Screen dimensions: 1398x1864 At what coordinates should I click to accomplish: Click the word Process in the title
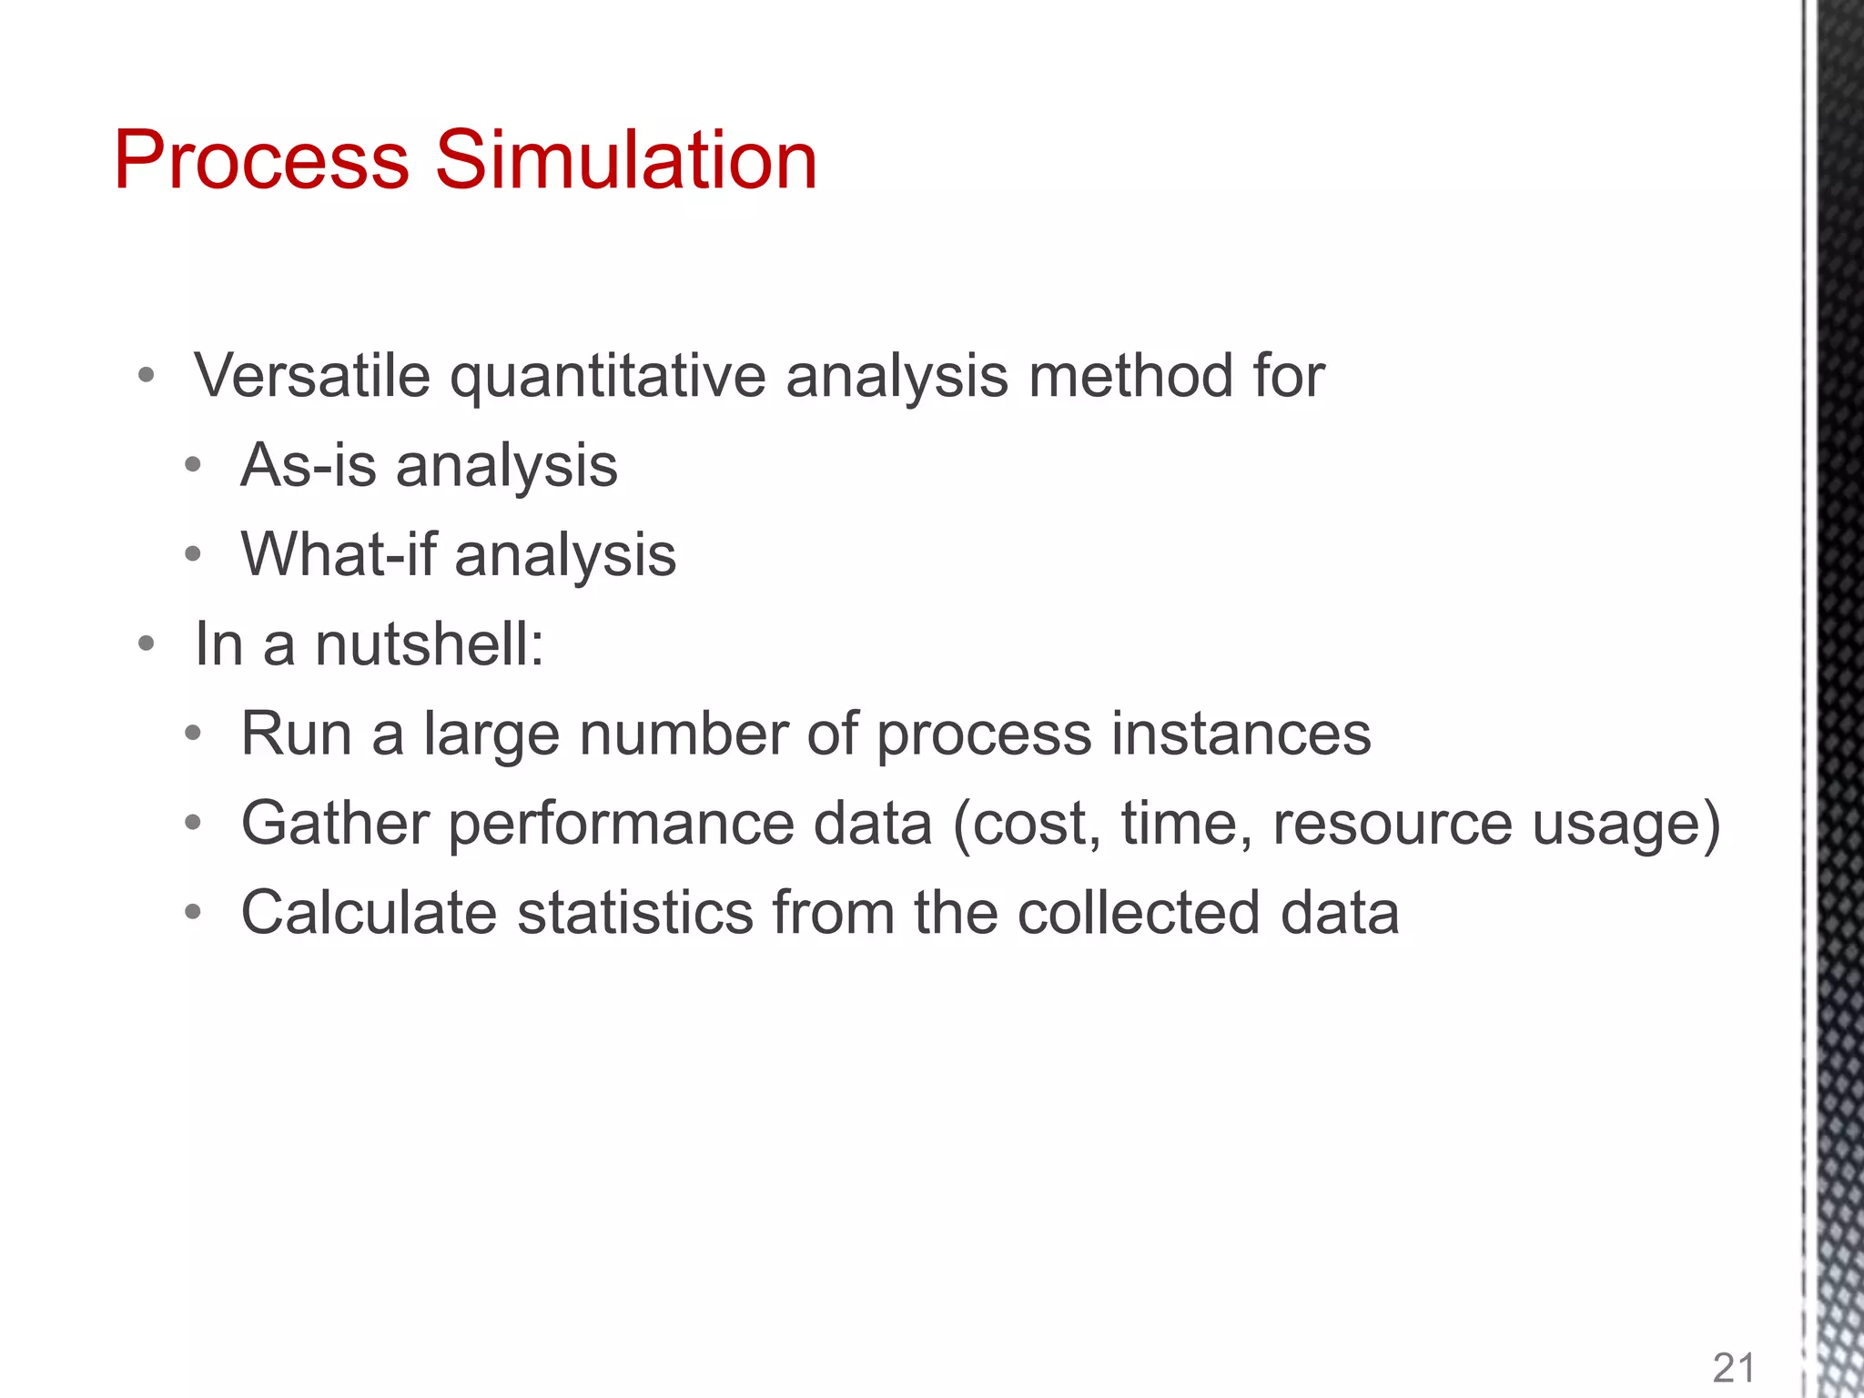click(x=261, y=160)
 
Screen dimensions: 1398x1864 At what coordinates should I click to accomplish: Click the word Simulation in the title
click(x=626, y=160)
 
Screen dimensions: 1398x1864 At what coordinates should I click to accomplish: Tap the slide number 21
click(x=1734, y=1368)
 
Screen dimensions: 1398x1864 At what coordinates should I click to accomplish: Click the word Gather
click(x=334, y=823)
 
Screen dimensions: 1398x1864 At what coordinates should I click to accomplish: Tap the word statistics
click(x=635, y=912)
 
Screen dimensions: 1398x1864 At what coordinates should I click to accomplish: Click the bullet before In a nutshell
click(x=147, y=645)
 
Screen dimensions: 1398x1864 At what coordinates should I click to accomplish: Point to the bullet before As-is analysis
click(x=192, y=466)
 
